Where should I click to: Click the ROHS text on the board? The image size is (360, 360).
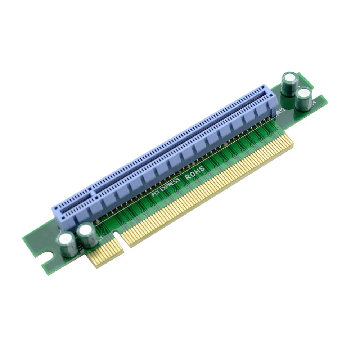tap(195, 172)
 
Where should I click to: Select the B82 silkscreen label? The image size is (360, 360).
tap(280, 113)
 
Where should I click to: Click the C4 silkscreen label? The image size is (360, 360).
tap(314, 103)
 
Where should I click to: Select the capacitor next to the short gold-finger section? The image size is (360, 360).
tap(87, 236)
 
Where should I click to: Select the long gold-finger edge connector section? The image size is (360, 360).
tap(209, 191)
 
